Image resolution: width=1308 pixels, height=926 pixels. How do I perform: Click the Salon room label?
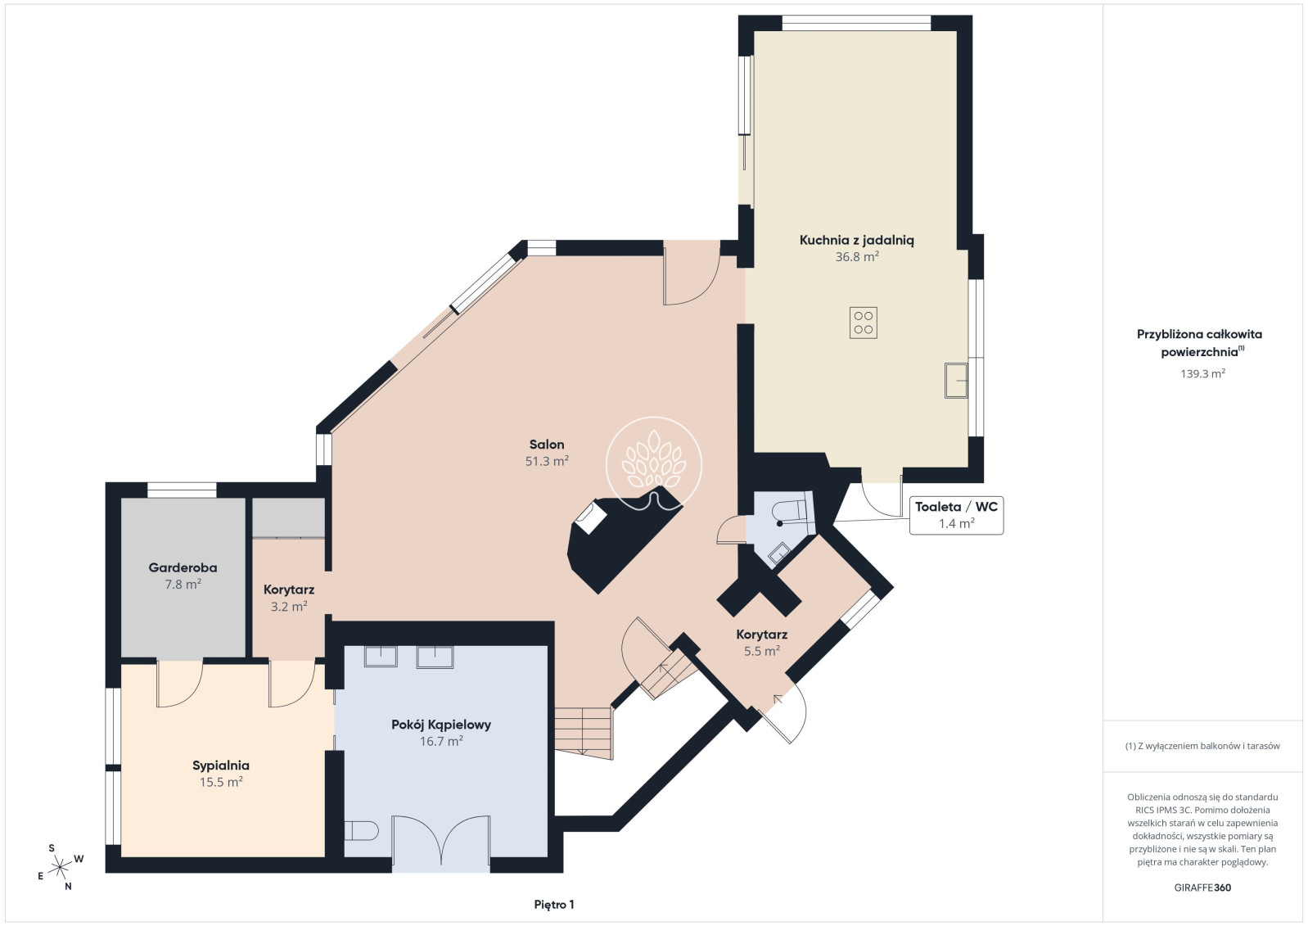[x=547, y=445]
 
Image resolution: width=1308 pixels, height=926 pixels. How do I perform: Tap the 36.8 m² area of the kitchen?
[x=857, y=256]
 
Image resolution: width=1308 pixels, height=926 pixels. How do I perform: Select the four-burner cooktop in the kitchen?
[x=863, y=323]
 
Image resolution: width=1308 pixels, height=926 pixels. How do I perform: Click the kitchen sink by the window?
[x=956, y=381]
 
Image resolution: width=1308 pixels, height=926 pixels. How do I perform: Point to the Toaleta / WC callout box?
[x=957, y=515]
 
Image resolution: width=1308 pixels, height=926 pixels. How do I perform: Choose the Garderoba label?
[x=183, y=567]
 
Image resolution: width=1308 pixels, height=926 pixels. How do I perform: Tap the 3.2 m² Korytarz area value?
[x=289, y=607]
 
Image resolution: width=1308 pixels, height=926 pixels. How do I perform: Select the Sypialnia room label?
[x=221, y=766]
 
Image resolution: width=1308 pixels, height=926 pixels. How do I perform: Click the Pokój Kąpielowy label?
[x=441, y=725]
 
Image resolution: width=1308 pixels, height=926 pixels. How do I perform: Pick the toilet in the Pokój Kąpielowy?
[x=362, y=830]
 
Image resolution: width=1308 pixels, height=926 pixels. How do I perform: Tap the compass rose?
[x=60, y=868]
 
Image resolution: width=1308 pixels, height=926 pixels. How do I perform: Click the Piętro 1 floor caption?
[x=554, y=905]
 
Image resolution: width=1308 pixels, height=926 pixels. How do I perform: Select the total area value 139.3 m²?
[x=1202, y=373]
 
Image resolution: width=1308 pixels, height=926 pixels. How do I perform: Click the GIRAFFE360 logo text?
[x=1202, y=888]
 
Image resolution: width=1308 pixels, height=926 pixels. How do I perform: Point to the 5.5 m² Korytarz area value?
[x=762, y=651]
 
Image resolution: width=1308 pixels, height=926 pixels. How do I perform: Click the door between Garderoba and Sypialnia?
[x=180, y=684]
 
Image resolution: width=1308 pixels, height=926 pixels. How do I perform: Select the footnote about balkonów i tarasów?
[x=1202, y=746]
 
